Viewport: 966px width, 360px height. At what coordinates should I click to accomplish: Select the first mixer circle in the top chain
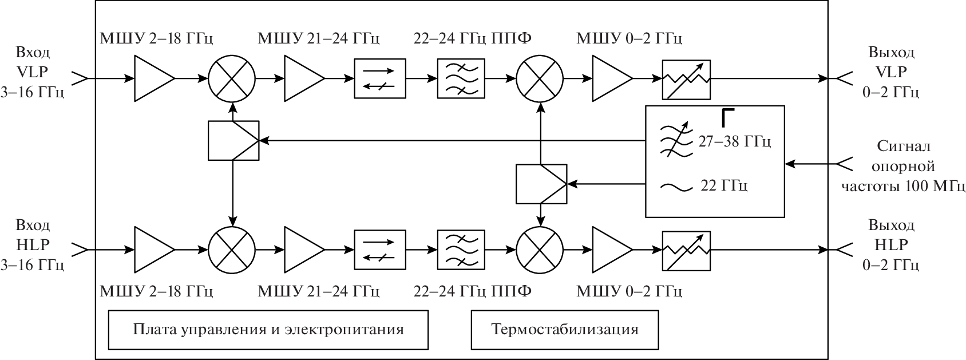coord(232,78)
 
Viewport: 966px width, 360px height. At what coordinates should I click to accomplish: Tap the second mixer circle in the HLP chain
coord(540,250)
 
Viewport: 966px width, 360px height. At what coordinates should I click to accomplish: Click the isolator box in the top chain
coord(379,78)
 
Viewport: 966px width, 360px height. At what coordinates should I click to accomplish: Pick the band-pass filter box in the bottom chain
coord(461,250)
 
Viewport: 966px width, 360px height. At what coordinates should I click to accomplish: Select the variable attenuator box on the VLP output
coord(686,79)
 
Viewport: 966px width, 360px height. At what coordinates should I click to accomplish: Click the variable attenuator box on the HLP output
coord(686,250)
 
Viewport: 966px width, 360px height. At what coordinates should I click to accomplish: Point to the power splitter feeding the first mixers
coord(233,140)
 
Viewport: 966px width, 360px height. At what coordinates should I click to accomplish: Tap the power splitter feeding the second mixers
coord(541,184)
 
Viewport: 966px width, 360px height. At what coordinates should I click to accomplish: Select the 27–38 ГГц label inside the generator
coord(734,141)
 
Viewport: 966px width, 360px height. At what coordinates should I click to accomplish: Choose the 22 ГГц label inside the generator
coord(724,186)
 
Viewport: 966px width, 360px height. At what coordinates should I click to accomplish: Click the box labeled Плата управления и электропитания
coord(268,330)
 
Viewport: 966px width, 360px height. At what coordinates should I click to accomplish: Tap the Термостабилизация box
coord(564,330)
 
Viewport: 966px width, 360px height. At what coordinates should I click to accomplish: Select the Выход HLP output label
coord(891,244)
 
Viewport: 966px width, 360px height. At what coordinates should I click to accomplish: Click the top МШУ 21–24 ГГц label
coord(319,39)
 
